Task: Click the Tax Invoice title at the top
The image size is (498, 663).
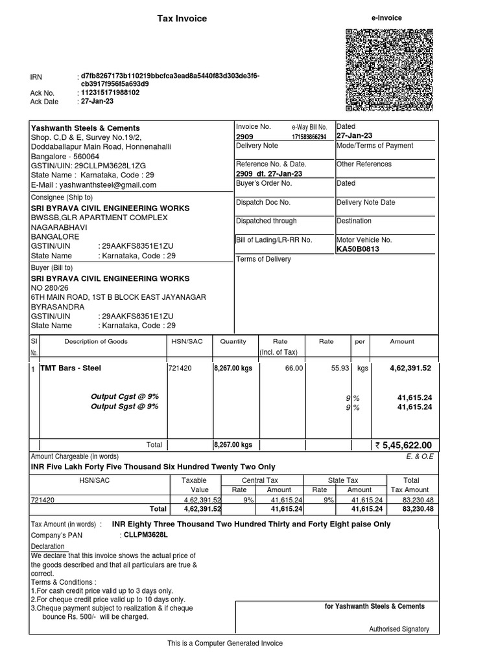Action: pos(182,19)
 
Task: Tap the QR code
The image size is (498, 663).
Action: pos(389,69)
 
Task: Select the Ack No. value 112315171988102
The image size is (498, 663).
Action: pos(110,93)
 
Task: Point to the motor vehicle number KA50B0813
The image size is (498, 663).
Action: pos(358,249)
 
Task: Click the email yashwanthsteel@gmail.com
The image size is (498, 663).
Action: pos(94,185)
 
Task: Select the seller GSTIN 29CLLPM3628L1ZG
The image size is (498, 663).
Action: pos(98,166)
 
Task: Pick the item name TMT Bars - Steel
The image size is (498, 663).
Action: pos(71,368)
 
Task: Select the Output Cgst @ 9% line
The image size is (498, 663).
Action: pos(124,396)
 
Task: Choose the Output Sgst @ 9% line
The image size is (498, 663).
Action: pos(124,407)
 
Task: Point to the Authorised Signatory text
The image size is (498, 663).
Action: pos(399,629)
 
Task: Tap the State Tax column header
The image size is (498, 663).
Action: pos(343,480)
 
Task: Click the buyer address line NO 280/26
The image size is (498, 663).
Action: pos(49,287)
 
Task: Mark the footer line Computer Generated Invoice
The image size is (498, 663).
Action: pos(225,643)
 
